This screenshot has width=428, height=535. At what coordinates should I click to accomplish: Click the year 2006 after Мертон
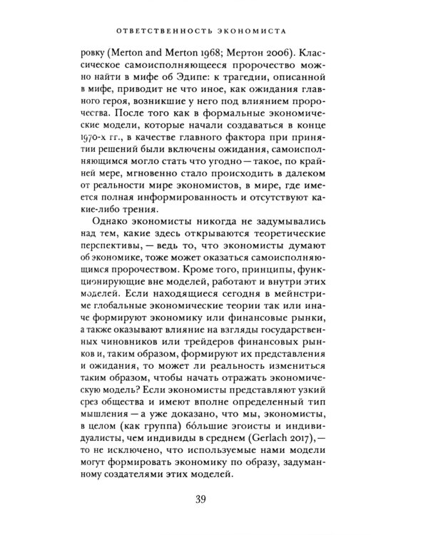click(286, 55)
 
